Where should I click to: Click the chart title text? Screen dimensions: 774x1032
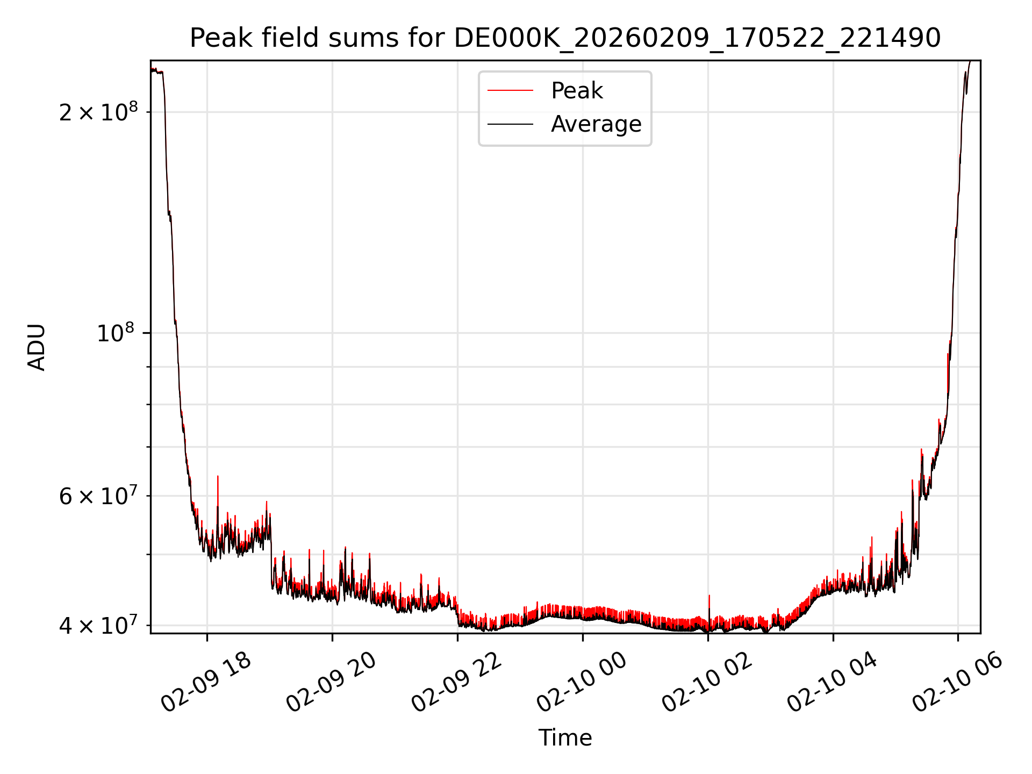pos(565,38)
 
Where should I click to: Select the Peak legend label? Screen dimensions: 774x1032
pos(577,91)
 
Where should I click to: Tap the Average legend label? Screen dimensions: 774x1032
pos(596,124)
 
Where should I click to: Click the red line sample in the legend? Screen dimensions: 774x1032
pos(510,91)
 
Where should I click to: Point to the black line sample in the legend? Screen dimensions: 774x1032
pos(510,124)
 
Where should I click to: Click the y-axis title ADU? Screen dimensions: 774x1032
pos(37,347)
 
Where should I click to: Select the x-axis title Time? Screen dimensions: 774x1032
pos(565,738)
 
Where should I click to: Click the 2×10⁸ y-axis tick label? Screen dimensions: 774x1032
pos(98,112)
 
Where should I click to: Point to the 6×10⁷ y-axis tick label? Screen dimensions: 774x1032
pos(98,496)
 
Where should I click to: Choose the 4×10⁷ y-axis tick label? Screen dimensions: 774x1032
pos(98,626)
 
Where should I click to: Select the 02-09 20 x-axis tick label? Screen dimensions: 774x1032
pos(332,683)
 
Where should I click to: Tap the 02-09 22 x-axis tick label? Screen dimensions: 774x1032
pos(457,683)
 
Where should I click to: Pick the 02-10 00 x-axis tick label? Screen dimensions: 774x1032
pos(582,683)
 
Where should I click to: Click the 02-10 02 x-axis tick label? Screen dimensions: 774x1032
pos(707,683)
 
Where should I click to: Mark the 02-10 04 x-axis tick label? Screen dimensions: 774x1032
pos(833,683)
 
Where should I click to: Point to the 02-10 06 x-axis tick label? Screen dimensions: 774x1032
pos(958,683)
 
